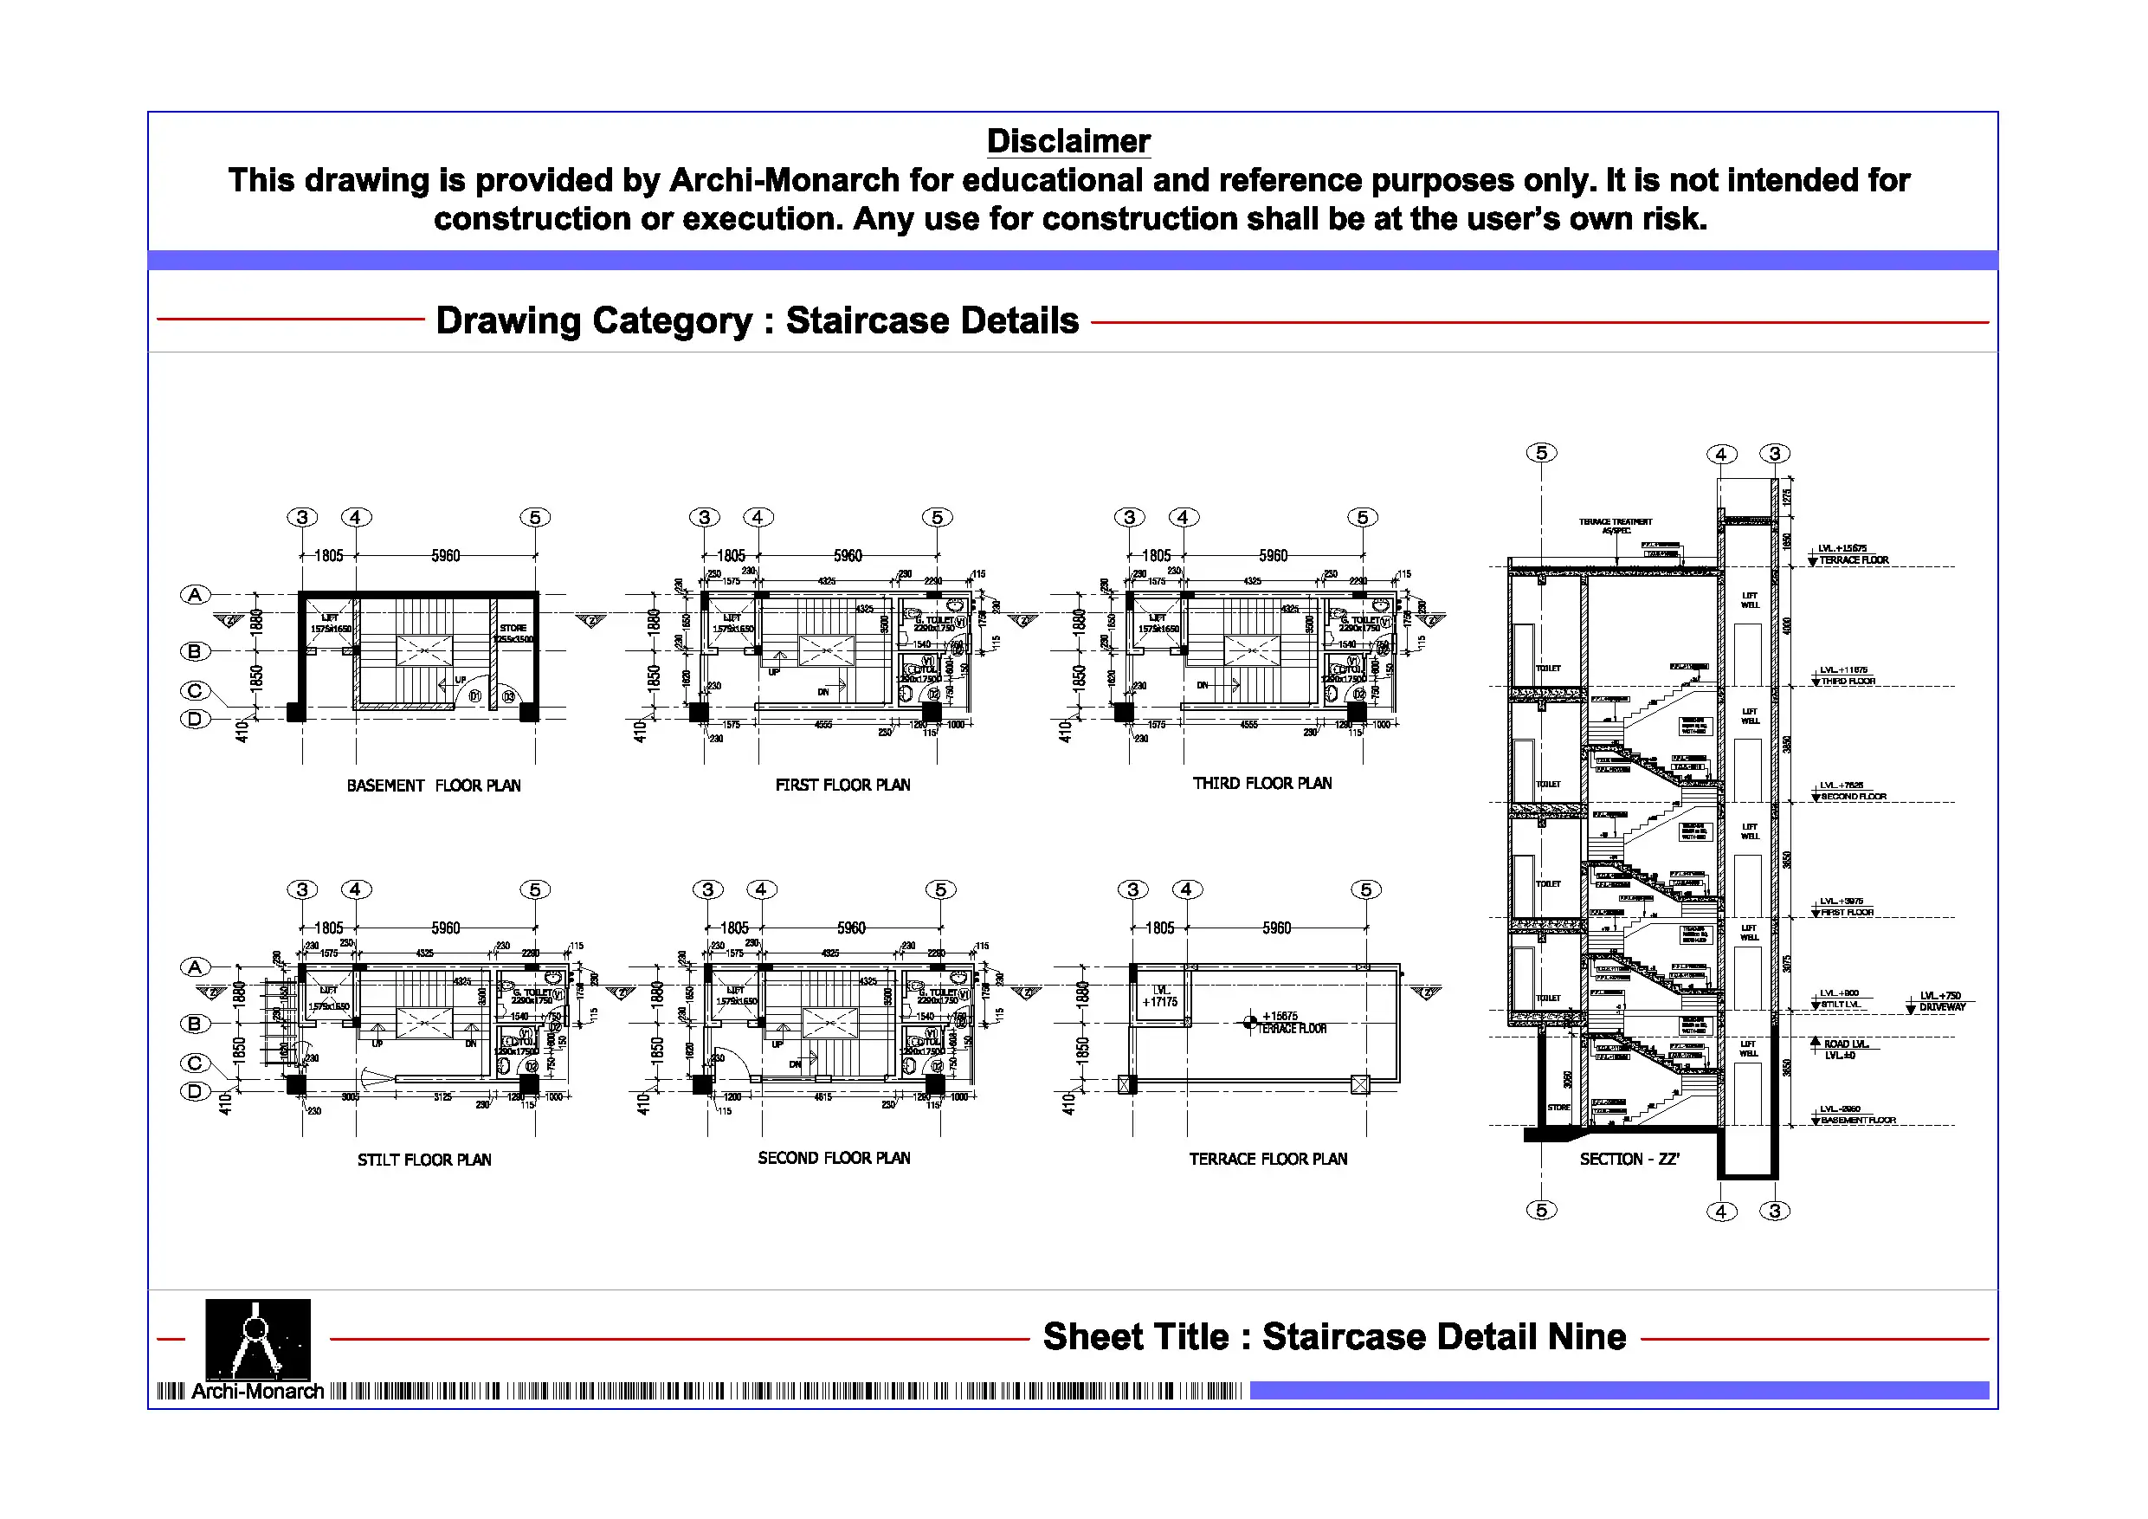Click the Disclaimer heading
click(x=1068, y=141)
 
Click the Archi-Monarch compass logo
click(x=257, y=1340)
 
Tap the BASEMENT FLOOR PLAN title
click(x=433, y=786)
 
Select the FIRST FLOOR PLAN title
click(x=842, y=785)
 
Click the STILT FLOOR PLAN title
click(x=424, y=1160)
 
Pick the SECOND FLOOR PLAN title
click(x=834, y=1159)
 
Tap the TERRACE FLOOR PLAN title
click(x=1268, y=1160)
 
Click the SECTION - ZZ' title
click(x=1629, y=1160)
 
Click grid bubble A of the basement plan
click(x=195, y=595)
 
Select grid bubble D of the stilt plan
click(x=195, y=1091)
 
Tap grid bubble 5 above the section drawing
click(x=1541, y=453)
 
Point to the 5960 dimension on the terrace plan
click(x=1276, y=928)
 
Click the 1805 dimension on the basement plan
click(x=328, y=556)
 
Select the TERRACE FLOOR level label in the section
click(x=1854, y=560)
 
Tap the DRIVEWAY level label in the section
click(x=1942, y=1008)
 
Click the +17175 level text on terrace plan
click(x=1160, y=1002)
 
